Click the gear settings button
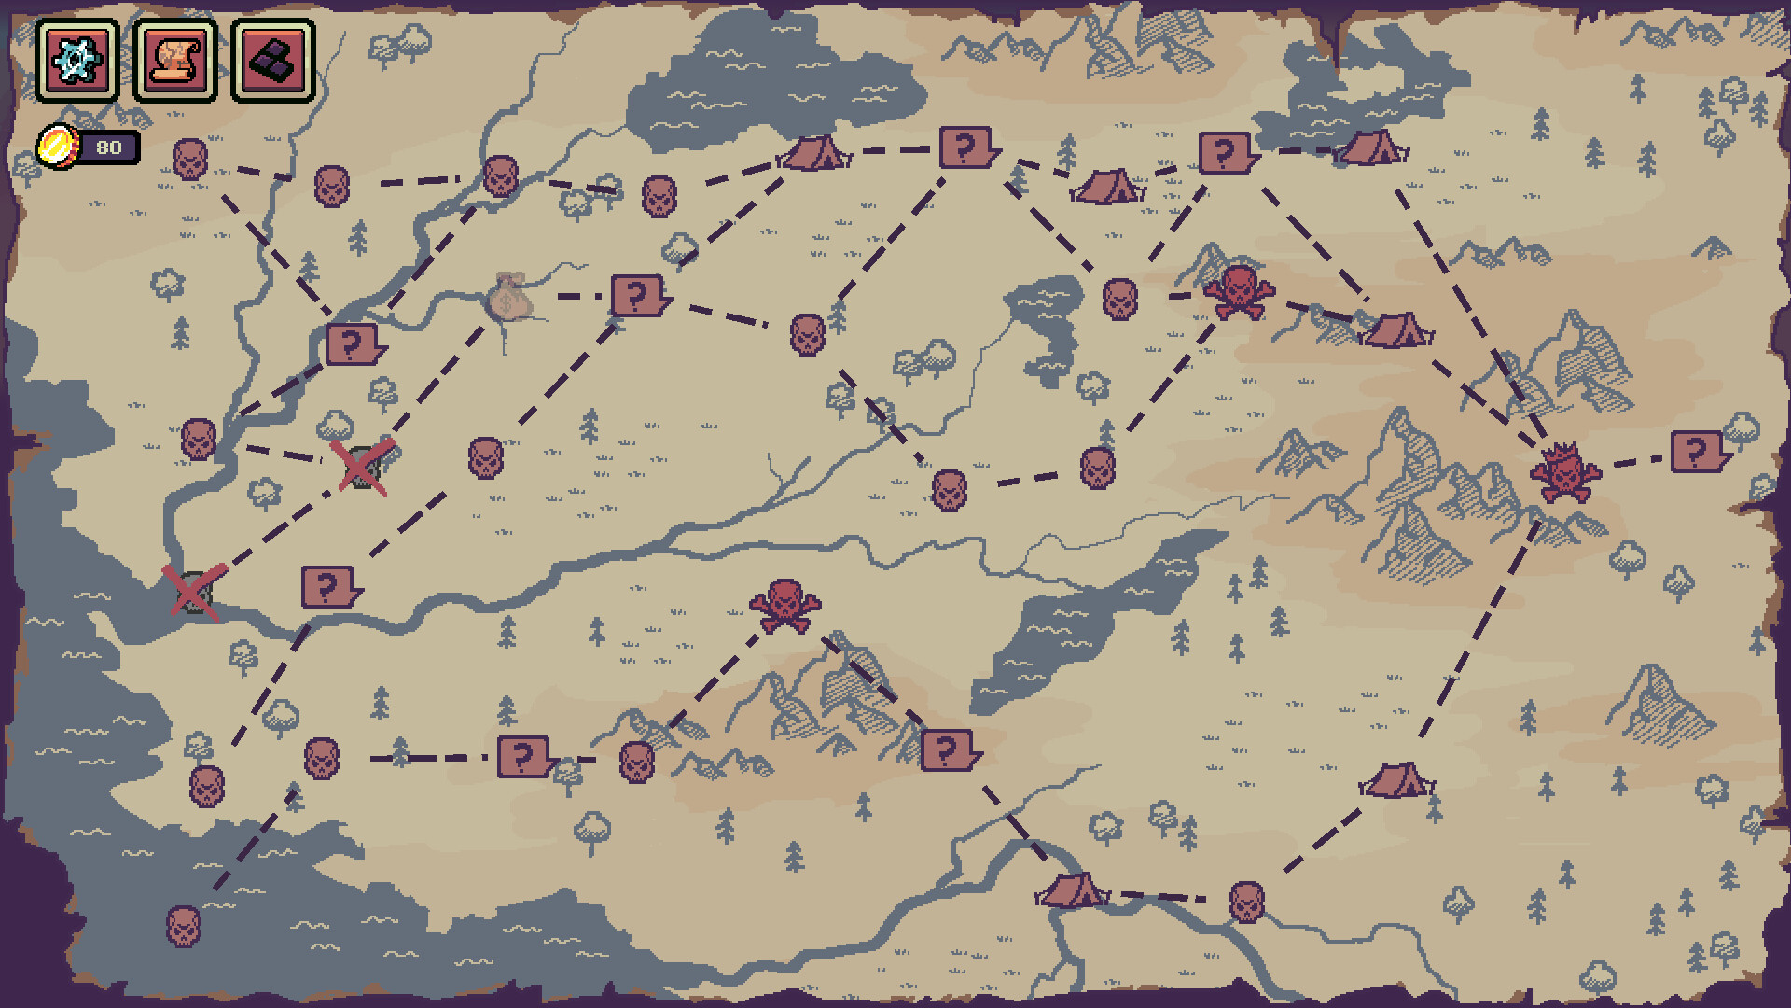click(x=77, y=61)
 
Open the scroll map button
click(x=175, y=61)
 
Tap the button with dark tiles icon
click(x=273, y=61)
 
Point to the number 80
click(x=109, y=147)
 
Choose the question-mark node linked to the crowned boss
click(x=1698, y=452)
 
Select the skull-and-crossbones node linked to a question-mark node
click(x=785, y=605)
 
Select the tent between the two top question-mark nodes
click(x=1107, y=188)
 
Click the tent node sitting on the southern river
click(x=1071, y=890)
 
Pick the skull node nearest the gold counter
click(x=190, y=160)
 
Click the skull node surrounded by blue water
click(x=184, y=926)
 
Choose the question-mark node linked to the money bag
click(x=638, y=297)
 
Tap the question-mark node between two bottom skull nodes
click(x=524, y=757)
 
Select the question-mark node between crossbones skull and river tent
click(x=948, y=750)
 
